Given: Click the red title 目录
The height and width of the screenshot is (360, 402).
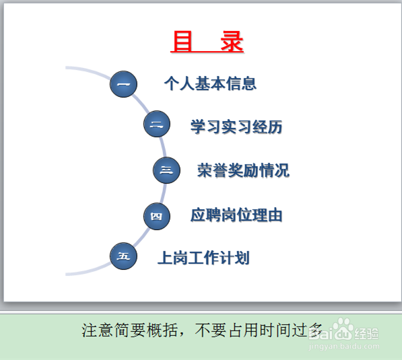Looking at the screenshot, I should click(207, 42).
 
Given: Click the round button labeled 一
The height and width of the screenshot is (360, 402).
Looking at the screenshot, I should click(123, 85).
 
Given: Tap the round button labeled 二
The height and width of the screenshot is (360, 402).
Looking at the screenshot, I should click(157, 124).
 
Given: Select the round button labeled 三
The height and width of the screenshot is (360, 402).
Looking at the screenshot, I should click(166, 170).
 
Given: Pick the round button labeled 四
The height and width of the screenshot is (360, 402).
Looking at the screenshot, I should click(157, 216).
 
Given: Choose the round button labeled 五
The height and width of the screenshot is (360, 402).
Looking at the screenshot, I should click(123, 256).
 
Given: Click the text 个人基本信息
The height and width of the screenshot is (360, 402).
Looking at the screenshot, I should click(210, 84).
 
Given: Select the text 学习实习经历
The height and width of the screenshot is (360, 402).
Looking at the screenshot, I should click(236, 127).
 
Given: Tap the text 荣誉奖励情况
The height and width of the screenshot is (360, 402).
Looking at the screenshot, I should click(243, 170).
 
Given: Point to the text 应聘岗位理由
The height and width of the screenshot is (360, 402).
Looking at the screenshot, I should click(236, 215).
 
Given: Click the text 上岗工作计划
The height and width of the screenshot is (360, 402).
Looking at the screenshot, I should click(203, 258).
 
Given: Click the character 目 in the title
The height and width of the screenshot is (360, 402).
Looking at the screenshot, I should click(182, 42).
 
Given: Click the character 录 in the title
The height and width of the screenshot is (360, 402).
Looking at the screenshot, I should click(232, 42).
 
